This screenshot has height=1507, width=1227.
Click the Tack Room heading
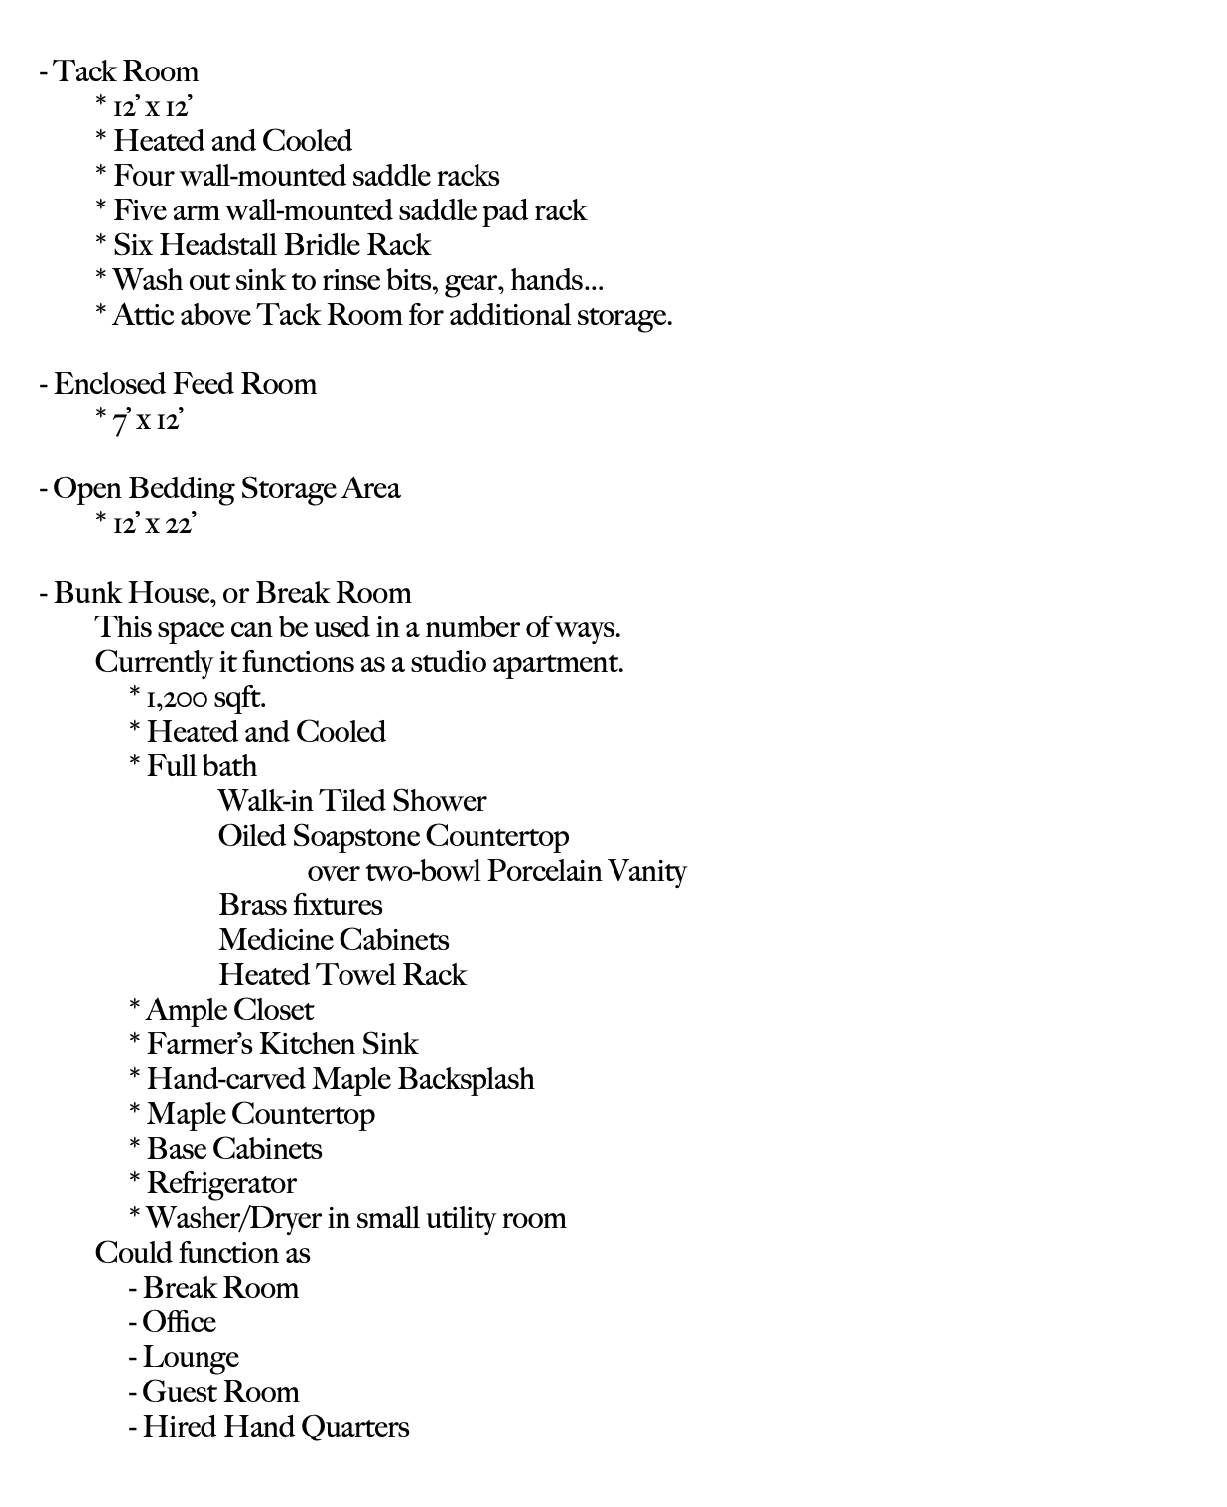125,71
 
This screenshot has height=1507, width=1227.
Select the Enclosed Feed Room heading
185,384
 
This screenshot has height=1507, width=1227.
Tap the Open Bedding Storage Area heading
226,488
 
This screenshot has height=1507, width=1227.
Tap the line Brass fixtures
300,905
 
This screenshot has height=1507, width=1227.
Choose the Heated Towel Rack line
341,975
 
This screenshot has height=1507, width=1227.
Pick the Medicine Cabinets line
334,940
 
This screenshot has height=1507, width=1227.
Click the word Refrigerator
221,1183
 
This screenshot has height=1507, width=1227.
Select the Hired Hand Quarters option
275,1427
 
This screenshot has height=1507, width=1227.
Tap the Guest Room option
219,1392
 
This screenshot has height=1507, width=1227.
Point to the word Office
179,1322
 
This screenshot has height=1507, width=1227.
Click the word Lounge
191,1357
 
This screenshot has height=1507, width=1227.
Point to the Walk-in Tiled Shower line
351,801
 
